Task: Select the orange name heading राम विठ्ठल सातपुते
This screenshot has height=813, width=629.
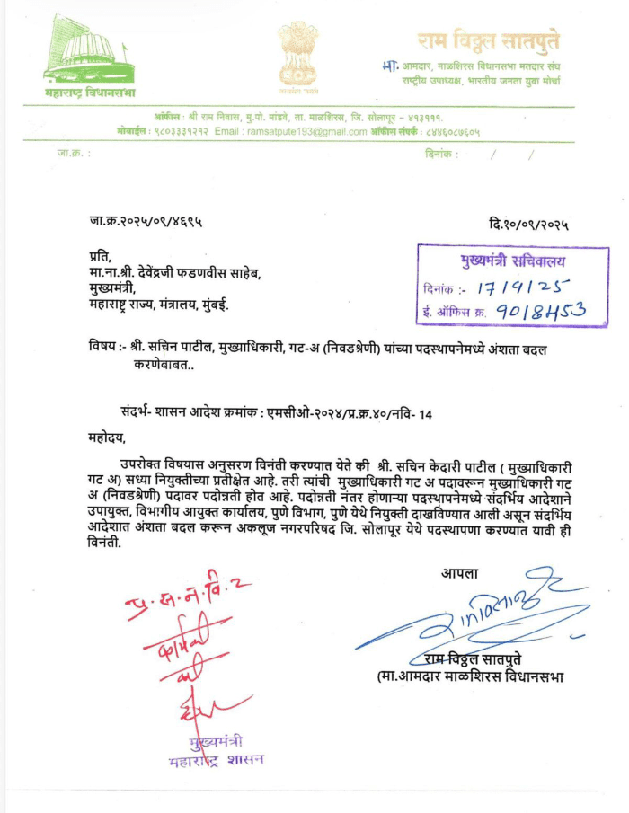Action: (x=487, y=40)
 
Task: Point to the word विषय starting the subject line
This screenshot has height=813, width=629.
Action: (x=106, y=349)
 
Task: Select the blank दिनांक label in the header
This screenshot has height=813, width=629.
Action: (x=440, y=154)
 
